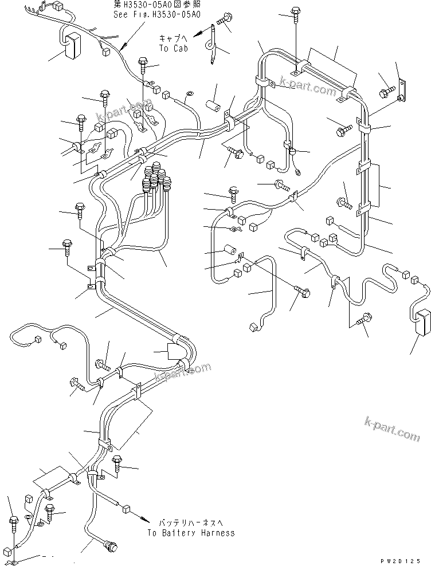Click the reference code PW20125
[x=405, y=560]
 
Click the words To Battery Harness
[x=190, y=533]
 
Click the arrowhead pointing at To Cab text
[x=197, y=36]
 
